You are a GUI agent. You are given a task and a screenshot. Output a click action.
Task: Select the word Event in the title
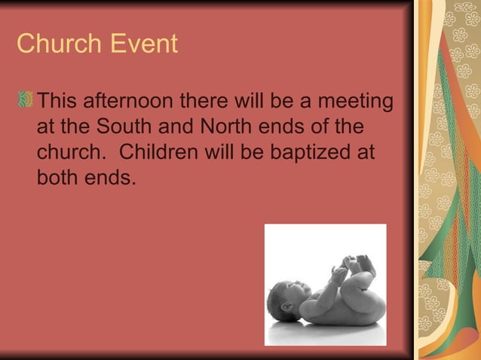pyautogui.click(x=143, y=44)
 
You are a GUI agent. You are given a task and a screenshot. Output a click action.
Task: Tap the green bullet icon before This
pyautogui.click(x=26, y=99)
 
